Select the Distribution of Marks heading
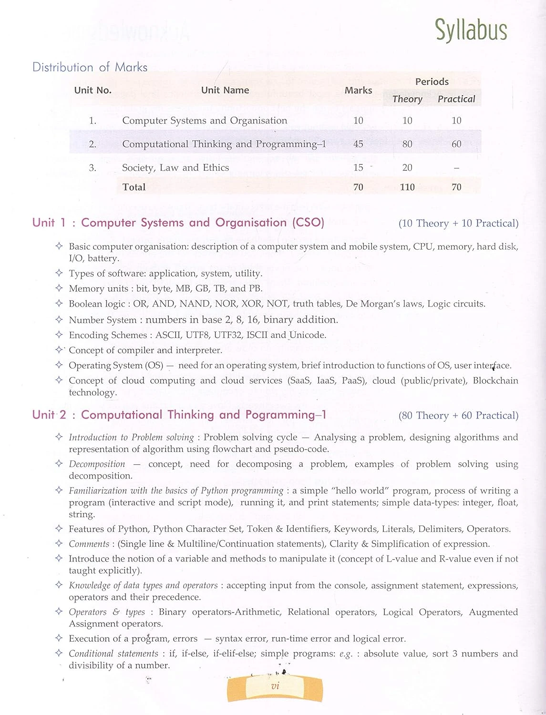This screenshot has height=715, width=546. (x=90, y=67)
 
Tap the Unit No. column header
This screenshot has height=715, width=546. (x=93, y=90)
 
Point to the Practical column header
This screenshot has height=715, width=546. (x=456, y=99)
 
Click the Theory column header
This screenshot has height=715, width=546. (x=407, y=99)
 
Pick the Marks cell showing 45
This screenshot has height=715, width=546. (x=358, y=144)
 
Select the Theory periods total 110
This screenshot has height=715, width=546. (x=407, y=187)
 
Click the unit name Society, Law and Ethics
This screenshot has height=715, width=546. (x=175, y=168)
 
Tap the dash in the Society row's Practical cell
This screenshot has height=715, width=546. (x=456, y=168)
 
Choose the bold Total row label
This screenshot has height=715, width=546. (x=134, y=187)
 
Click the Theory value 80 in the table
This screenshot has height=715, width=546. (x=407, y=144)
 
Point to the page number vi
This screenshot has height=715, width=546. (x=275, y=687)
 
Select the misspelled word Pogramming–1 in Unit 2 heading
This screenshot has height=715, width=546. (x=286, y=415)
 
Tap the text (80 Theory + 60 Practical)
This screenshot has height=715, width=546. (x=458, y=416)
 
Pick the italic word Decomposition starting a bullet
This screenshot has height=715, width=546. (x=97, y=464)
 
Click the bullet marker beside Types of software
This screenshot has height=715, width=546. (x=59, y=273)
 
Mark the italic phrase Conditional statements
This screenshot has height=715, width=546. (x=113, y=654)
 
